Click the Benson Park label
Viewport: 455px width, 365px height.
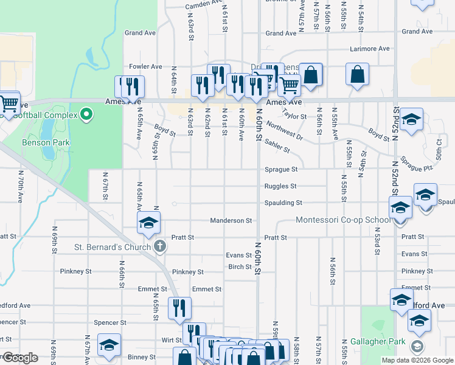[x=46, y=142]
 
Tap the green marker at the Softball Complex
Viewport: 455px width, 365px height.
[x=86, y=114]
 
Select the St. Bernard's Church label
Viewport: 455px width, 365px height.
[x=113, y=247]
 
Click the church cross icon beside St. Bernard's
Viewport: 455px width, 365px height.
[x=160, y=246]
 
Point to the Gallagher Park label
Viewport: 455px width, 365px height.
[x=377, y=342]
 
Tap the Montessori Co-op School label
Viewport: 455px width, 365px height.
[x=344, y=220]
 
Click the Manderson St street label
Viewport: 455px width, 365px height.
[x=231, y=220]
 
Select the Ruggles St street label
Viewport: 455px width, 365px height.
[x=280, y=186]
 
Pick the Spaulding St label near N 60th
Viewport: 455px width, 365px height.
[x=283, y=203]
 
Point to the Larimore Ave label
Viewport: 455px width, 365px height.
[x=369, y=49]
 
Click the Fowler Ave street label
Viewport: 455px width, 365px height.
[x=145, y=66]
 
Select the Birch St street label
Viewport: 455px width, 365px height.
[x=240, y=266]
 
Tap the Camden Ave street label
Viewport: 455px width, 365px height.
[x=204, y=4]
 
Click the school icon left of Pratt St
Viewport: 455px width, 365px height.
[x=148, y=223]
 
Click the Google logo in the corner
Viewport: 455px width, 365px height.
[x=20, y=358]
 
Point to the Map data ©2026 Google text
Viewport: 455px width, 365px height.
[x=417, y=360]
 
